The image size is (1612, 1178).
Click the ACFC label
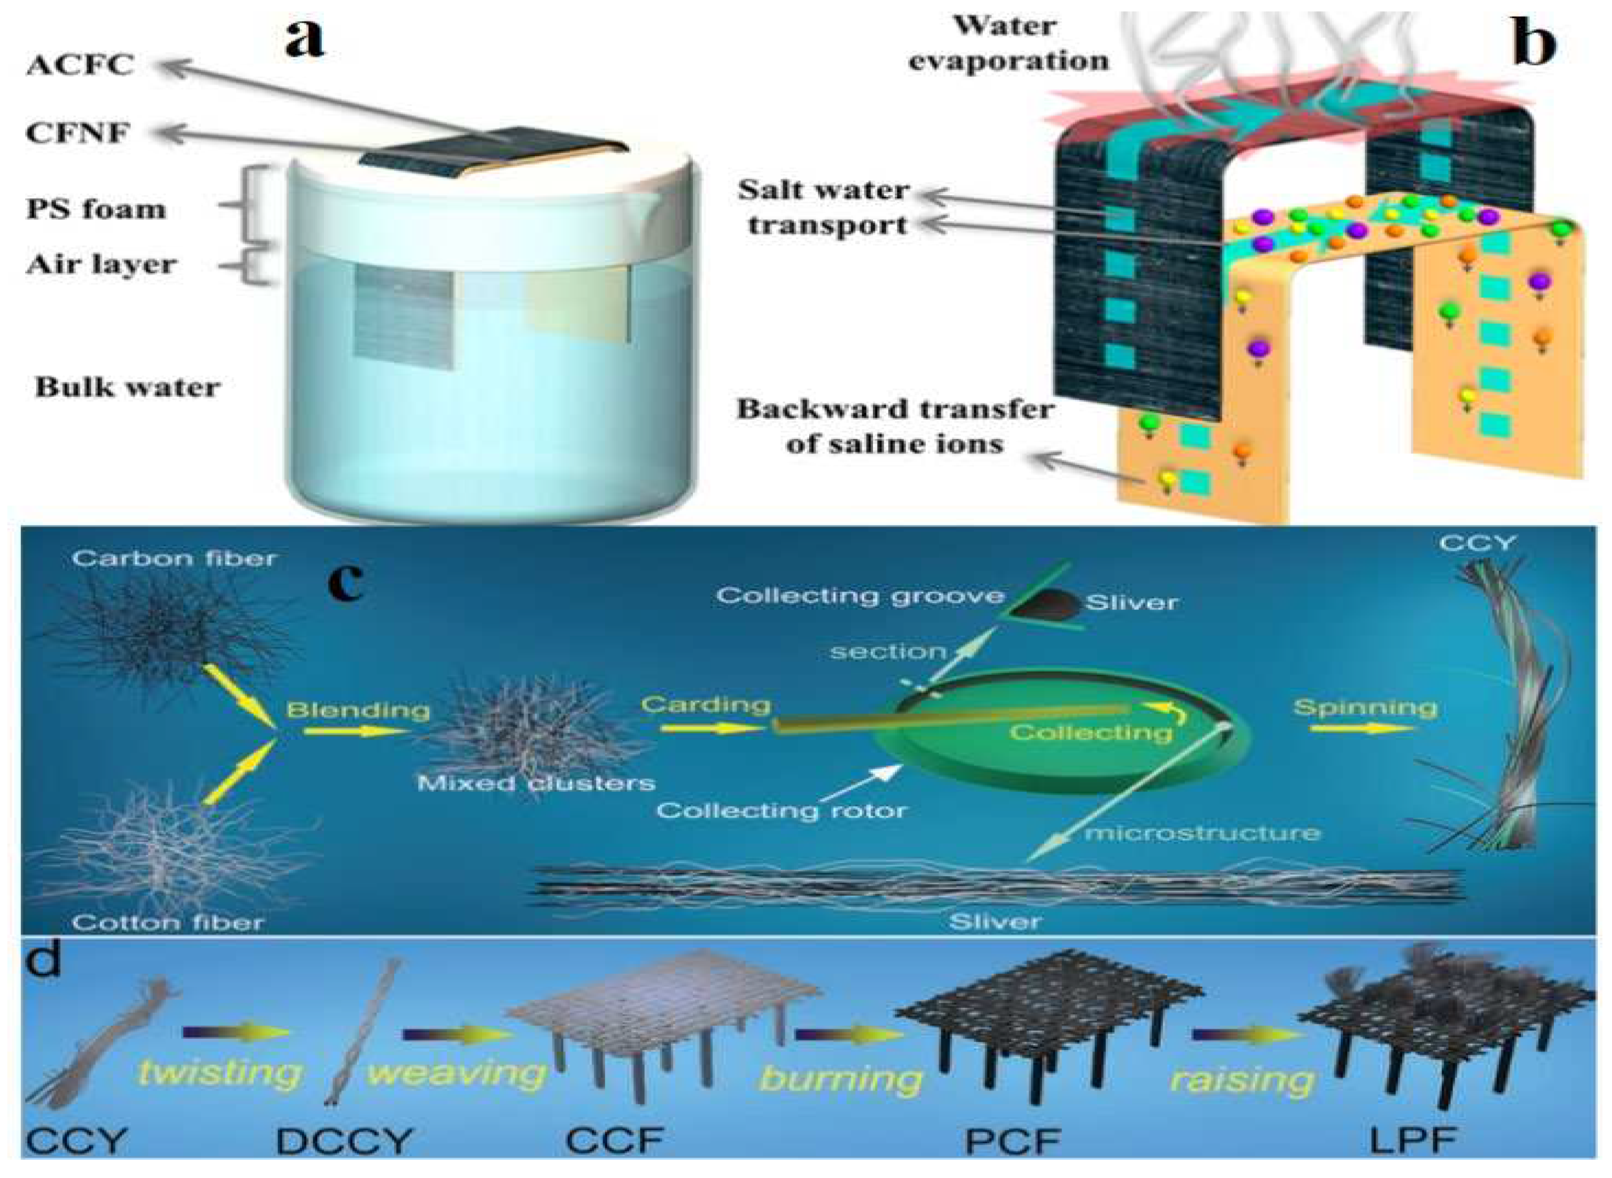(x=80, y=66)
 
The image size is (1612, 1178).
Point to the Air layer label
(x=101, y=265)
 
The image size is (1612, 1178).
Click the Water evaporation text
(x=1008, y=44)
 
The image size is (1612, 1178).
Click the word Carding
(x=706, y=705)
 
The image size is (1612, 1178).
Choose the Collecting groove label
(x=859, y=595)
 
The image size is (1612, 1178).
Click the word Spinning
(x=1365, y=707)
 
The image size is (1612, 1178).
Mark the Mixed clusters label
(x=535, y=783)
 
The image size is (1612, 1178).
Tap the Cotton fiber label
(x=168, y=922)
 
